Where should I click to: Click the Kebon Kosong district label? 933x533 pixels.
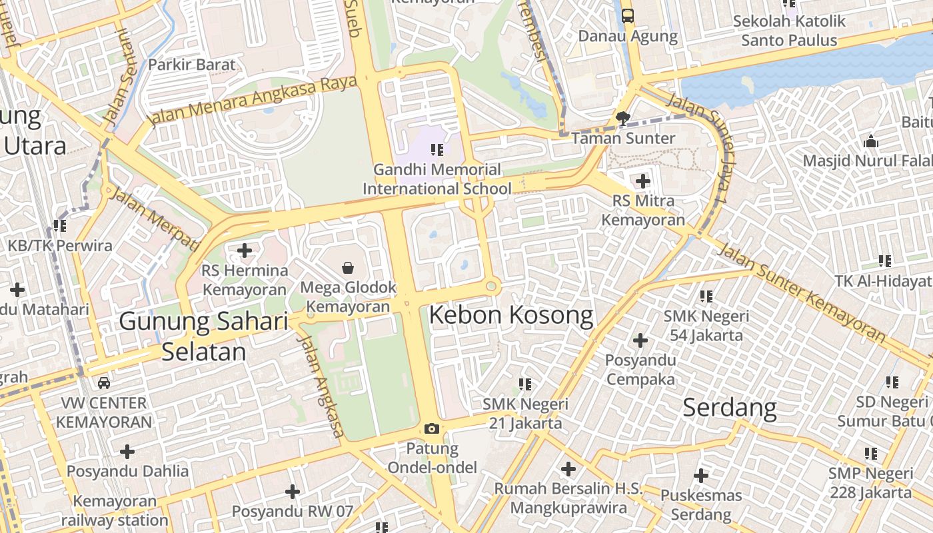click(511, 315)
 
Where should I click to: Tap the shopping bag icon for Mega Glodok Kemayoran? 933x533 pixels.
click(348, 268)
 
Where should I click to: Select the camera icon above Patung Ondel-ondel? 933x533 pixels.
click(432, 428)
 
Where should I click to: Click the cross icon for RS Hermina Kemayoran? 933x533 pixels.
click(245, 251)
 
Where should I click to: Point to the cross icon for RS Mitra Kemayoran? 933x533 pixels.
click(642, 181)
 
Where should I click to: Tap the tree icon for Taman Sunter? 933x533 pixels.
click(623, 119)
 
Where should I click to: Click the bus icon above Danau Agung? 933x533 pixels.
click(628, 15)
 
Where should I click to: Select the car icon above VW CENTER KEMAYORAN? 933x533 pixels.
click(104, 382)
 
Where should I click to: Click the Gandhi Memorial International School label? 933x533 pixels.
click(437, 179)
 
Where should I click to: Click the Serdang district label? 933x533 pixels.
click(730, 407)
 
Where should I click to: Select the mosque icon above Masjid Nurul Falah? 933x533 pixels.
click(870, 141)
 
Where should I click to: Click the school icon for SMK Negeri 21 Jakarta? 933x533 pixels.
click(525, 384)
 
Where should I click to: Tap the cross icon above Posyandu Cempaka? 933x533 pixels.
click(640, 340)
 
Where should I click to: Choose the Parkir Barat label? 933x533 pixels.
click(192, 65)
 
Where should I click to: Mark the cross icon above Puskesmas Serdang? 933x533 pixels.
click(700, 476)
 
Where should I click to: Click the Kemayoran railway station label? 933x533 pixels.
click(115, 510)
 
